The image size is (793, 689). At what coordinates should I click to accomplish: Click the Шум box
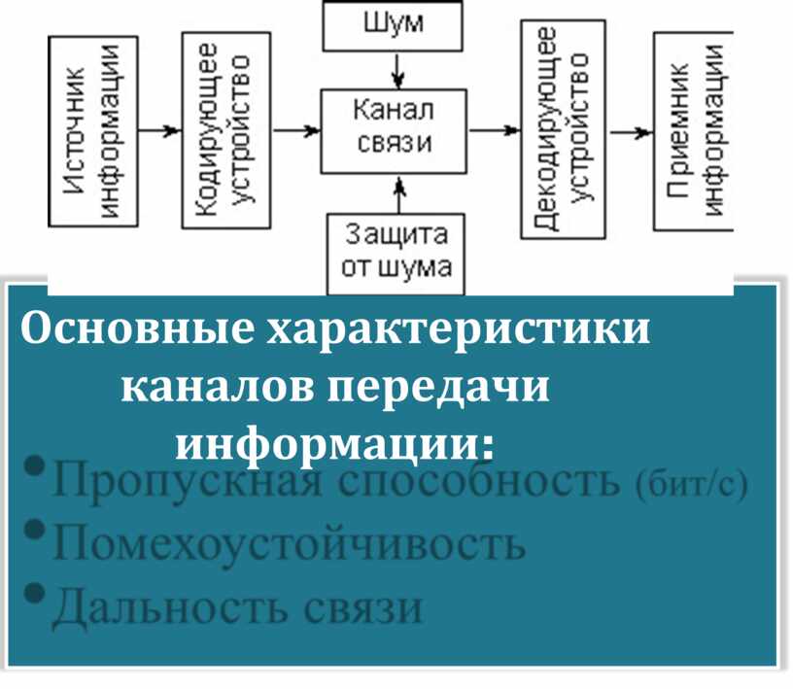pos(395,25)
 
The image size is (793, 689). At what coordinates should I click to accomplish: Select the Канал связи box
pos(395,130)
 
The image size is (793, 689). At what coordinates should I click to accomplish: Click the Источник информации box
pos(91,131)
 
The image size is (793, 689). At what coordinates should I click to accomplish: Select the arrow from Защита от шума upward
pos(395,193)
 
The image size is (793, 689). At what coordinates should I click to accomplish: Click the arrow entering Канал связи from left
pos(295,130)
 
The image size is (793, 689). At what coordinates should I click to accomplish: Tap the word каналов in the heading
pos(218,389)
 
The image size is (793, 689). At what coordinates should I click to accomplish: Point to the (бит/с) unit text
pos(693,485)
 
